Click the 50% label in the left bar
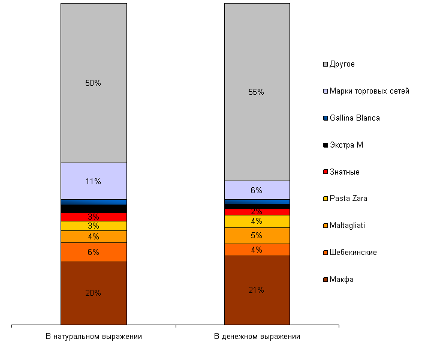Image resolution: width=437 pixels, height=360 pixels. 93,83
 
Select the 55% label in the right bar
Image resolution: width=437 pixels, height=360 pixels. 256,92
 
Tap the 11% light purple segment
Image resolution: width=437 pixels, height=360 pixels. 94,181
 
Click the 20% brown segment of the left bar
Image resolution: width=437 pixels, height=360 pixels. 94,293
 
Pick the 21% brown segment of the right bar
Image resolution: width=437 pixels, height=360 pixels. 257,290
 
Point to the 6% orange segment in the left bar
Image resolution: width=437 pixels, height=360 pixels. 94,252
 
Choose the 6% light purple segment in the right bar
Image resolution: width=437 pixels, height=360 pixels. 257,190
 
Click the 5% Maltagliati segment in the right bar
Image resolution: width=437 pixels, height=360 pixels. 257,236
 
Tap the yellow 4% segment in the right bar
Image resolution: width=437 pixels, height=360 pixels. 257,221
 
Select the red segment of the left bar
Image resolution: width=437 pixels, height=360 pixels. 94,217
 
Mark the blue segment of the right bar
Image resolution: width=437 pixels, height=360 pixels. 257,202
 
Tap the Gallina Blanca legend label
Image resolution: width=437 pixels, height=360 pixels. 354,118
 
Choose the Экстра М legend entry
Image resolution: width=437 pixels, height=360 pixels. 346,145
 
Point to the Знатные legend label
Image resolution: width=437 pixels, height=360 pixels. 344,172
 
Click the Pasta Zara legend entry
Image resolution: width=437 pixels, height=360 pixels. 348,199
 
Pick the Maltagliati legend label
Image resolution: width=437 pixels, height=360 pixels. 347,226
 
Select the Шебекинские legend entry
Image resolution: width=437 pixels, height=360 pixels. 353,253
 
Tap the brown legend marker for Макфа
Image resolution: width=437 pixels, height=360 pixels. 326,280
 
